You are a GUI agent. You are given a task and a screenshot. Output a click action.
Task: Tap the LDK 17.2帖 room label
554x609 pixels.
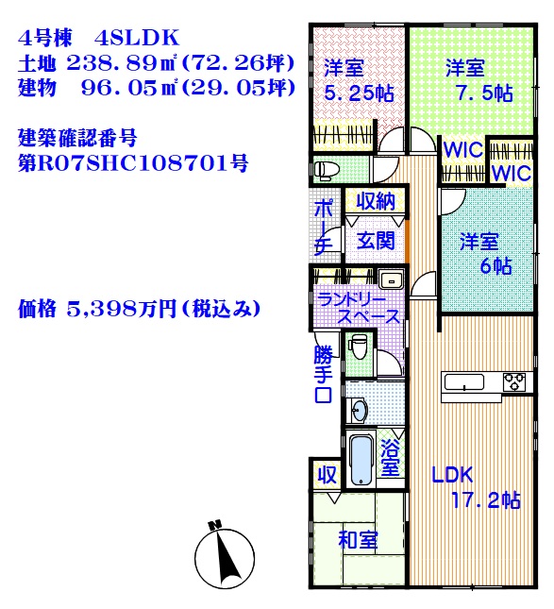tap(477, 487)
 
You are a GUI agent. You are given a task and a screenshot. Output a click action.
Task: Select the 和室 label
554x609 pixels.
tap(358, 540)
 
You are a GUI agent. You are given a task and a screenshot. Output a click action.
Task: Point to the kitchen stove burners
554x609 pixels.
tap(514, 381)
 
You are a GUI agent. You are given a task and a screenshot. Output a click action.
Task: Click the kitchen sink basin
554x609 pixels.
tap(464, 381)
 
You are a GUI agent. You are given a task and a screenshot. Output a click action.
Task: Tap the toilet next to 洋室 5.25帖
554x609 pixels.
tap(327, 170)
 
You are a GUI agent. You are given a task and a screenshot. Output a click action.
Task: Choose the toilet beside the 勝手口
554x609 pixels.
tap(357, 347)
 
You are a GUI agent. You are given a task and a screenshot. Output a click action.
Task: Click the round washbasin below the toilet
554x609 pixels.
tap(360, 411)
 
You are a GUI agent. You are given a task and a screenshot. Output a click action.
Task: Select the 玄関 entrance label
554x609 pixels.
tap(376, 241)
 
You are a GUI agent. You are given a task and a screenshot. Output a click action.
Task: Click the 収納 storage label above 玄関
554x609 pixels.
tap(376, 201)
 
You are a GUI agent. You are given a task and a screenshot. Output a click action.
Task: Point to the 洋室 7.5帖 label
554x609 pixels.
tap(479, 81)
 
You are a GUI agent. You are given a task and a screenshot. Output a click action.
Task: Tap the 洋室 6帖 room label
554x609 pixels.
tap(486, 254)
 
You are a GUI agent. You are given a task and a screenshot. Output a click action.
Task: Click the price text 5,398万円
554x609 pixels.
tap(122, 310)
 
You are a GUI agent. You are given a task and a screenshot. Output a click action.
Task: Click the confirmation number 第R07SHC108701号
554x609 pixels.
tap(133, 163)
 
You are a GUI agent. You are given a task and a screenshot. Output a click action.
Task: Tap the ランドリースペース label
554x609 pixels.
tap(358, 309)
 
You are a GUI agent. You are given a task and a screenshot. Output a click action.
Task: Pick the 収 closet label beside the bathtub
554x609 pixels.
tap(327, 474)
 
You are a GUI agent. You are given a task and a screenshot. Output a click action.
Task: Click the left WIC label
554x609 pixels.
tap(462, 151)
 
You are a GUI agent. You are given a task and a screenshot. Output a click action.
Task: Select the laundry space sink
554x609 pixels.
tap(391, 279)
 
